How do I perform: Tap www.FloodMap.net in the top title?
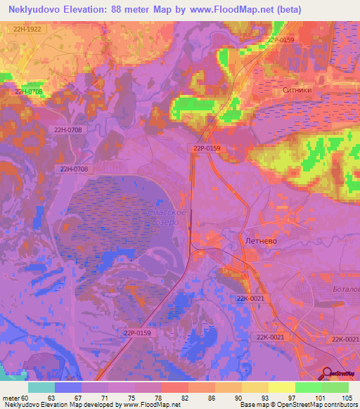click(239, 10)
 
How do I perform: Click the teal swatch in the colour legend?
click(41, 387)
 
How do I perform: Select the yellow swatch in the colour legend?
click(281, 387)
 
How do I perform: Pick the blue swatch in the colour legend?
click(68, 387)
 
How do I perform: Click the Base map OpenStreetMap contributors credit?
click(298, 404)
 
